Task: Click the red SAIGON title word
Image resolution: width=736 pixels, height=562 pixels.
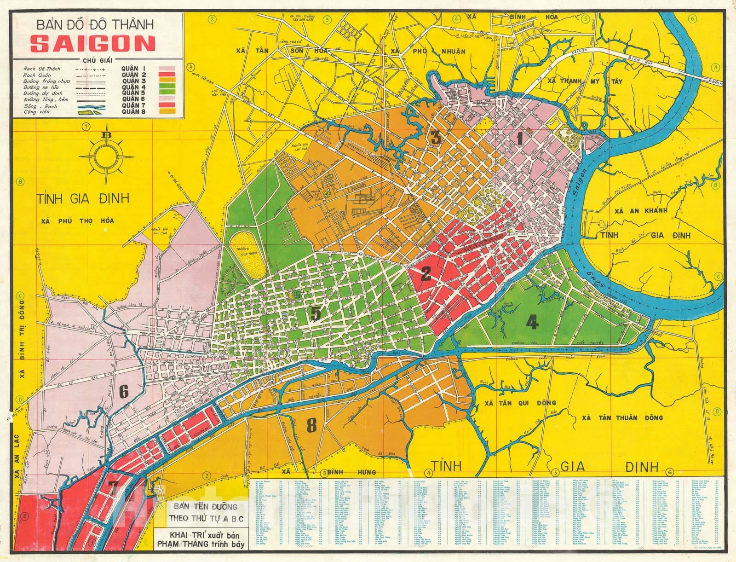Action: [92, 44]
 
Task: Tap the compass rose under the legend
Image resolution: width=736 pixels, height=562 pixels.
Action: [107, 155]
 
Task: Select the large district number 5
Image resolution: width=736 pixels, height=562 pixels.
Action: [316, 313]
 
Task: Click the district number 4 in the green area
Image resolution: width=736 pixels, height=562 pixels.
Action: [532, 322]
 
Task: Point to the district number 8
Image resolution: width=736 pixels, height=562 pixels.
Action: [312, 426]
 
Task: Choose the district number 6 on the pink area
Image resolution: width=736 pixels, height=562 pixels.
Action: [124, 392]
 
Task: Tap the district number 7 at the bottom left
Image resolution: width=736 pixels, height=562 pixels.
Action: [113, 487]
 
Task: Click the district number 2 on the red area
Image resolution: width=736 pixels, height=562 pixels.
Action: [426, 274]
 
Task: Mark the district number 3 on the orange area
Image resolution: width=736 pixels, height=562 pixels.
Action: [436, 137]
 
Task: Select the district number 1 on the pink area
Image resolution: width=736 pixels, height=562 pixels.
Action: [520, 138]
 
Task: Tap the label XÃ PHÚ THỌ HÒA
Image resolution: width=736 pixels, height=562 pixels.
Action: [77, 220]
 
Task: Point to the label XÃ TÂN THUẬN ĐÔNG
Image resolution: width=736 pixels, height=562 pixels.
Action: [622, 417]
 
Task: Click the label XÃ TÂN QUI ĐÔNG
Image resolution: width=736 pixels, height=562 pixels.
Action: [513, 403]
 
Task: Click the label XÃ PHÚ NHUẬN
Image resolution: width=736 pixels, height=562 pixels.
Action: [427, 51]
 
